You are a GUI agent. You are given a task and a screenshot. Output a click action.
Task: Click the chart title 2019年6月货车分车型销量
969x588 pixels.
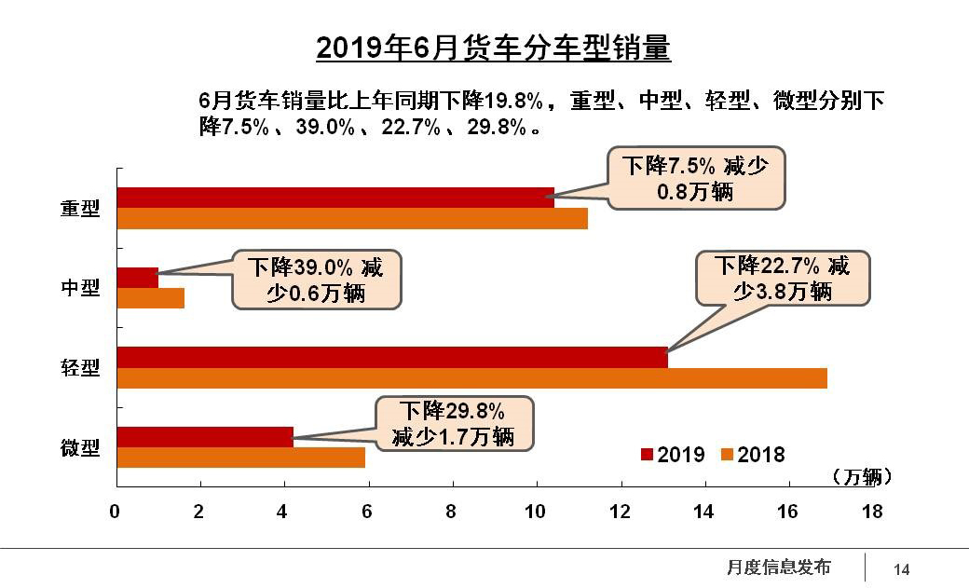493,48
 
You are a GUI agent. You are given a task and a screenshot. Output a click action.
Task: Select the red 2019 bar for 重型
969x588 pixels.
335,198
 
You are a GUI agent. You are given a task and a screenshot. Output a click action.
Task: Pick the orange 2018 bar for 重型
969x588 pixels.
352,218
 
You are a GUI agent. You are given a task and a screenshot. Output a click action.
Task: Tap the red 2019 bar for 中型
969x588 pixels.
138,278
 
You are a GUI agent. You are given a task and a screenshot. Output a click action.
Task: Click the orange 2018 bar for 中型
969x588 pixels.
151,298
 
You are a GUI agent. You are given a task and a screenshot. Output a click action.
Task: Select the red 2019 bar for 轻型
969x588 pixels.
392,358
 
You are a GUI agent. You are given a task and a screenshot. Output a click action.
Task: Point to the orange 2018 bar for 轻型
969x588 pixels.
471,378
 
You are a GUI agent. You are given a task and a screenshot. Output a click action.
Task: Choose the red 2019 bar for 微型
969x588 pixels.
205,437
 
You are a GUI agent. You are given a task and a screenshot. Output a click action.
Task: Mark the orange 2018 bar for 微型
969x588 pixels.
240,458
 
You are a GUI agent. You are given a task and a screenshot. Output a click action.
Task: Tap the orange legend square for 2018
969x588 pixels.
727,454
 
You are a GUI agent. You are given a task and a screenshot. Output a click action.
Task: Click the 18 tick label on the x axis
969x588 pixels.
873,511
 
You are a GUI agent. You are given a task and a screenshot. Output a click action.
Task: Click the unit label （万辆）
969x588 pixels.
861,477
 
